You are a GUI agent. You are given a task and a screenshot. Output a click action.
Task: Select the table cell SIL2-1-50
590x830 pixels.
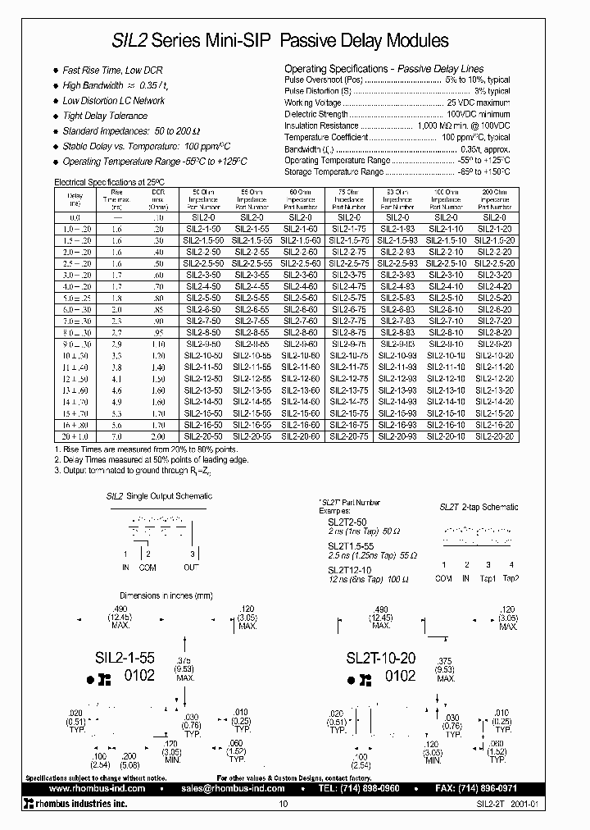tap(202, 230)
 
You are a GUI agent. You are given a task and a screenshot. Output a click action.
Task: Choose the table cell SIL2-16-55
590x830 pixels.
tap(251, 426)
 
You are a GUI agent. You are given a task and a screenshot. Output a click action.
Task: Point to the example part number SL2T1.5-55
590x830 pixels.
tap(350, 545)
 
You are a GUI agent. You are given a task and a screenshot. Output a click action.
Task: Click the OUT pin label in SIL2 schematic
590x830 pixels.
tap(191, 566)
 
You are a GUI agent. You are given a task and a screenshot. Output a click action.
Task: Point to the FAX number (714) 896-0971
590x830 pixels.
tap(515, 787)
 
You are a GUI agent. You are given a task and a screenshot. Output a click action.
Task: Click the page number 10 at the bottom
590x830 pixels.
tap(284, 805)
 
